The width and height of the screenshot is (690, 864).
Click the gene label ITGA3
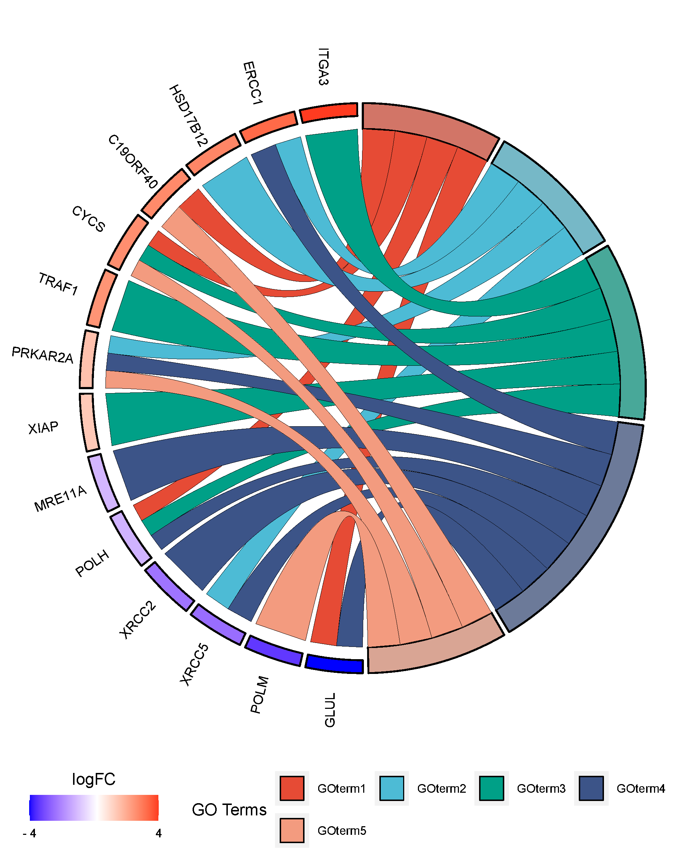click(323, 67)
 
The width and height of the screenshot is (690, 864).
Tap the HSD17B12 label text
click(188, 116)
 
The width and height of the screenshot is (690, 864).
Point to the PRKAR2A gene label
click(42, 355)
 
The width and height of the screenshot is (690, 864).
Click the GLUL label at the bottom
click(329, 710)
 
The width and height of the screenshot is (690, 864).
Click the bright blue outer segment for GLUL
click(334, 664)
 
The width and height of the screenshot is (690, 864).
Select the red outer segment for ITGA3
click(329, 112)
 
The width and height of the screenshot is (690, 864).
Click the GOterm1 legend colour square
click(292, 788)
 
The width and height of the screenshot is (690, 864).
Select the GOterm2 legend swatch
click(392, 788)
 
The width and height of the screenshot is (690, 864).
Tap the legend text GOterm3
click(541, 789)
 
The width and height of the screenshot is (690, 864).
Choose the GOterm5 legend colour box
click(292, 830)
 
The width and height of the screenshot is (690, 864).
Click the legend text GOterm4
click(640, 789)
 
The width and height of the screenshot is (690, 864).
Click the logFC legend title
click(93, 779)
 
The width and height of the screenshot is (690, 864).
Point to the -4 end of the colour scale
click(30, 833)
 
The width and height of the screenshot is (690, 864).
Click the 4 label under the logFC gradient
click(158, 833)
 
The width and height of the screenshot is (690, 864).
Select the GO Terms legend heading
click(229, 810)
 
